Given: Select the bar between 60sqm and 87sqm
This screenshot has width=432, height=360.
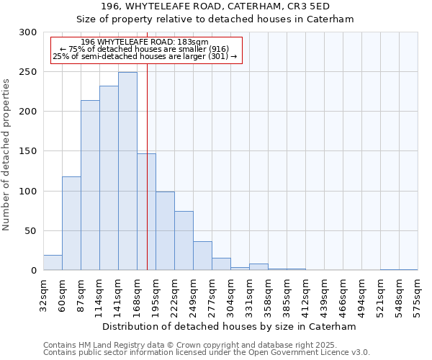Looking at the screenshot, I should pos(71,223).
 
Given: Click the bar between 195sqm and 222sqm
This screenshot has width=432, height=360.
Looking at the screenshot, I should pos(165,230).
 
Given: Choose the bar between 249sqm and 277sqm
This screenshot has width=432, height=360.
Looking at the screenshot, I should pos(202,256).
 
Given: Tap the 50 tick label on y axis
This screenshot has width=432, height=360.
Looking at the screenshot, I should pos(30,231).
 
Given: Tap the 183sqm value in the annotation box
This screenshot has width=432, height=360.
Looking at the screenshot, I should pos(194,42).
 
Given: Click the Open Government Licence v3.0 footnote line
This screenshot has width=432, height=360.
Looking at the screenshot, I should pos(207,353).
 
